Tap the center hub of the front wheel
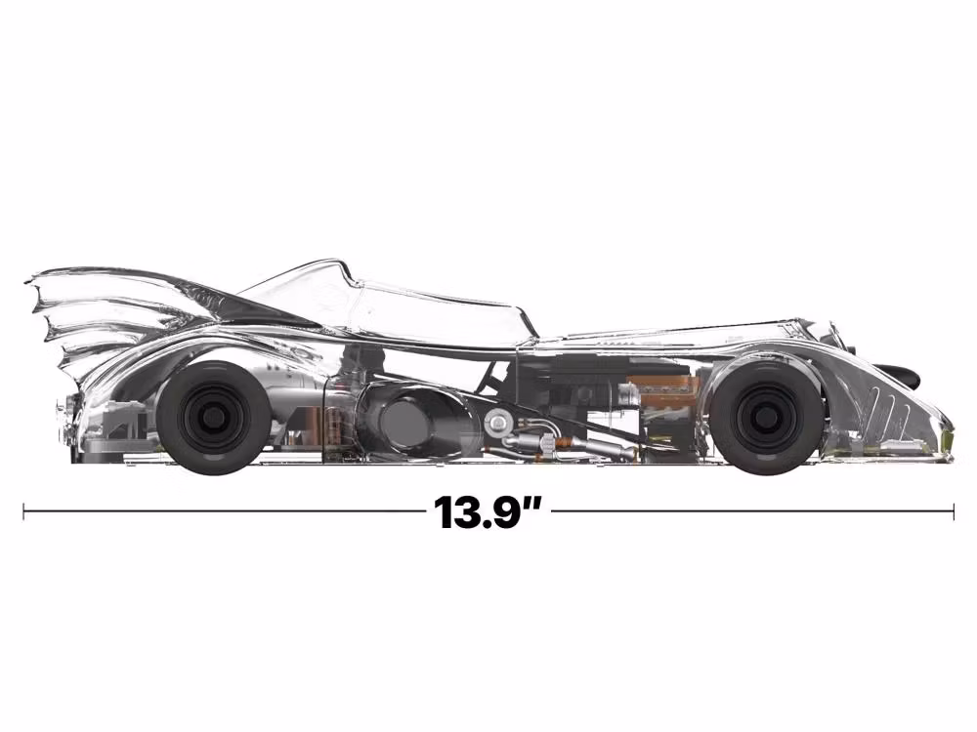click(x=766, y=418)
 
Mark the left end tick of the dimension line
click(x=24, y=509)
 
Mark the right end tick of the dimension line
click(x=953, y=509)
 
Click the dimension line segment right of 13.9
click(x=752, y=509)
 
